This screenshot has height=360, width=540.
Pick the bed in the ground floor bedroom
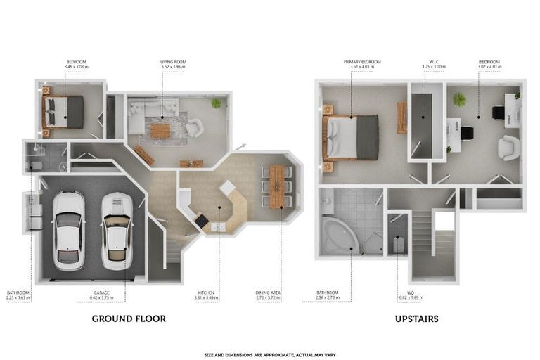click(x=64, y=111)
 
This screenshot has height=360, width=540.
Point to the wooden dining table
click(x=277, y=186)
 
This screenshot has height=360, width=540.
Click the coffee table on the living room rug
click(x=160, y=131)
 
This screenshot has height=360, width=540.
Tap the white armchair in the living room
click(x=194, y=127)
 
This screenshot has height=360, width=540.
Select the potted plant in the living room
click(x=216, y=103)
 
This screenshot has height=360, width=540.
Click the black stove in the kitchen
click(x=202, y=221)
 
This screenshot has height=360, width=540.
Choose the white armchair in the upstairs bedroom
click(x=508, y=147)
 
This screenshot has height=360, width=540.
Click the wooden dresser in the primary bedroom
click(x=401, y=117)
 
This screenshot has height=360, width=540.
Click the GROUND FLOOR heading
click(x=129, y=319)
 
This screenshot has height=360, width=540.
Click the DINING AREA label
click(x=268, y=295)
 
